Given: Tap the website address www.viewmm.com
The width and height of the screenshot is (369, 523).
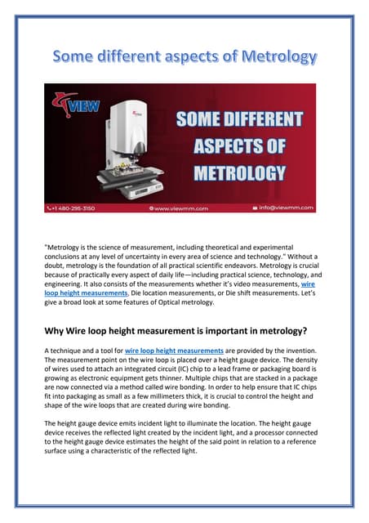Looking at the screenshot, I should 183,208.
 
